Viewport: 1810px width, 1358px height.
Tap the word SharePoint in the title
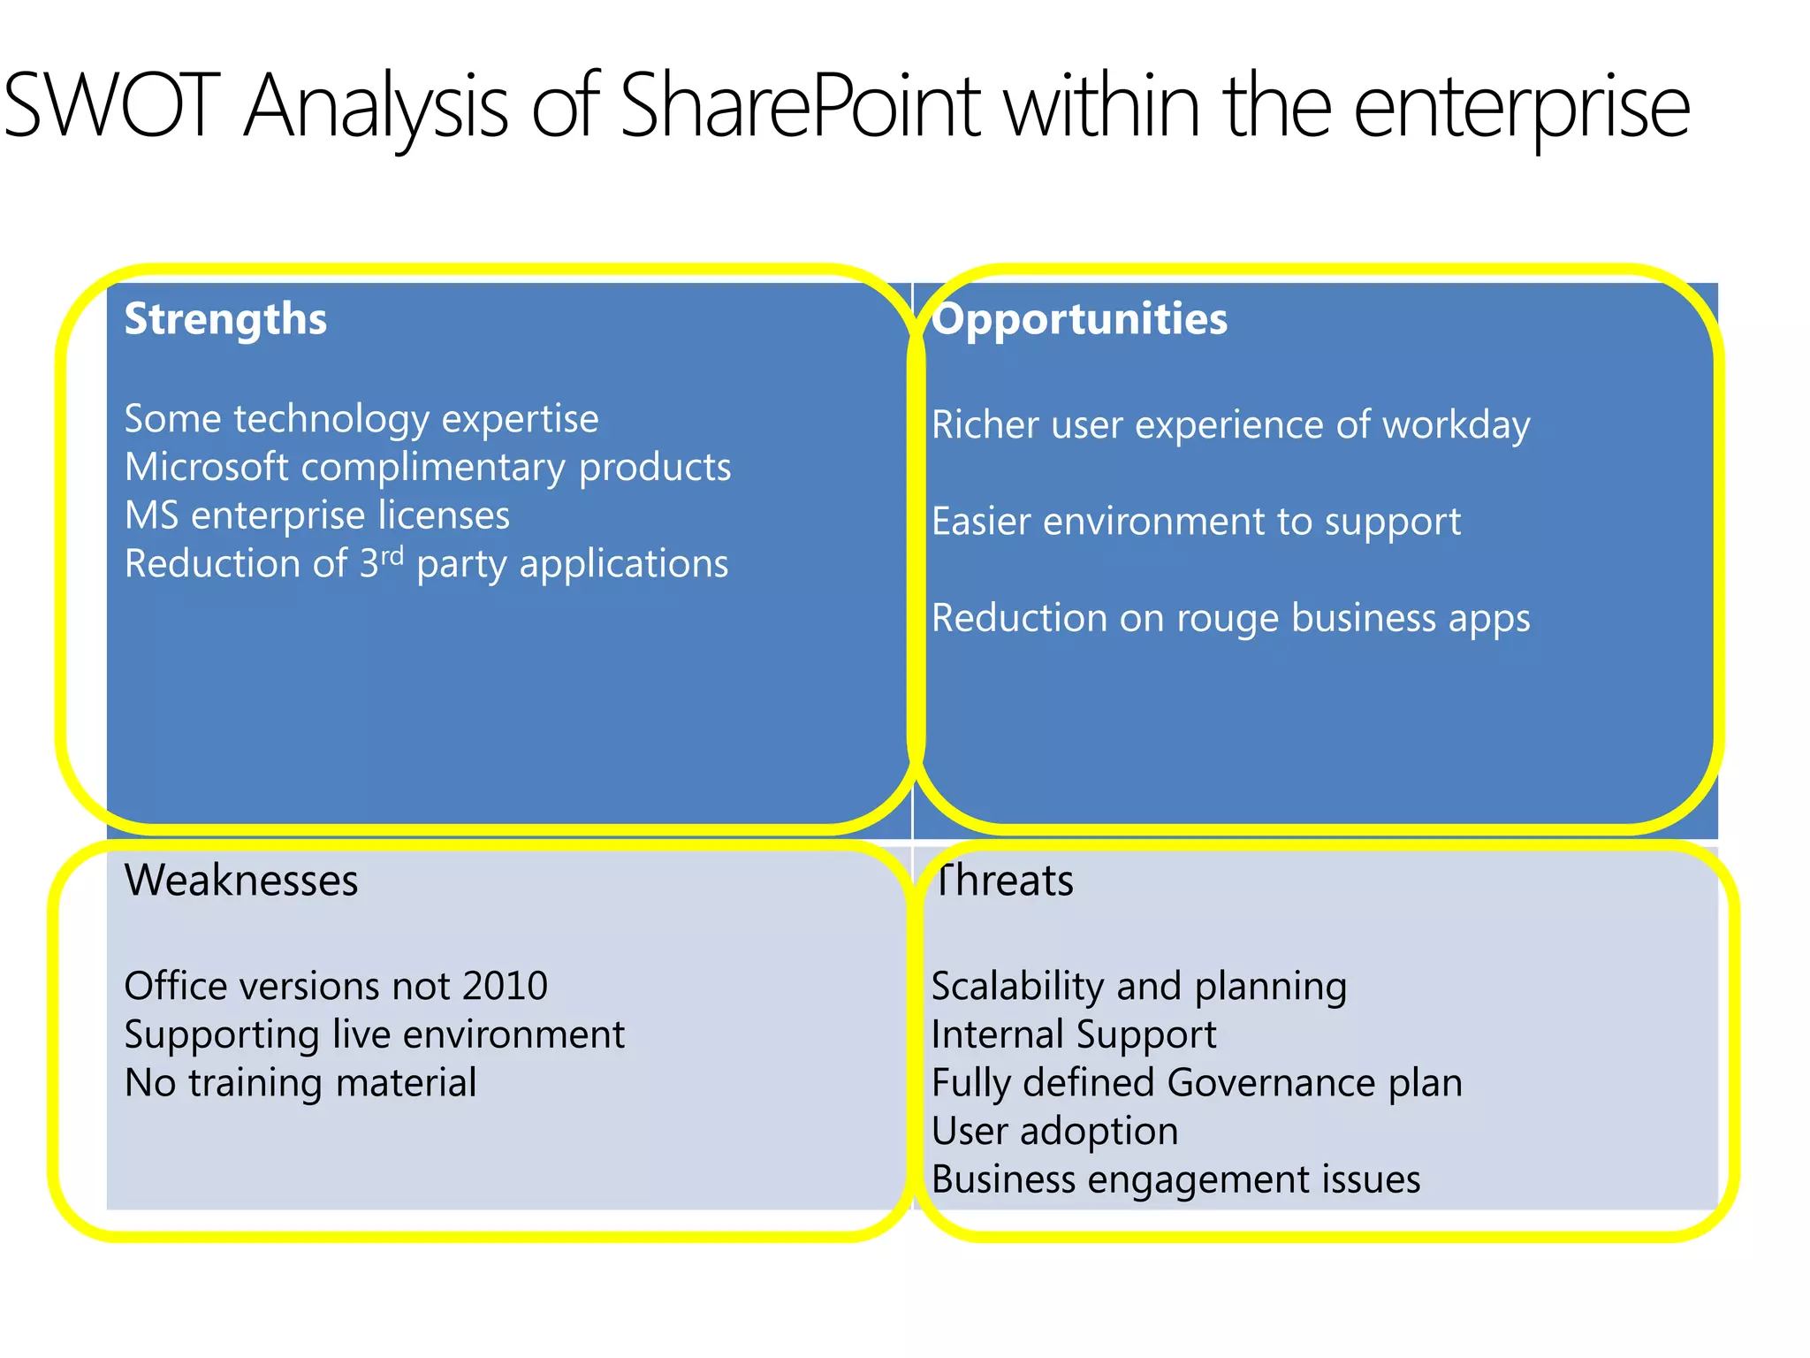(x=800, y=106)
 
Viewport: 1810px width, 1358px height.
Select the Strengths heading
(x=225, y=319)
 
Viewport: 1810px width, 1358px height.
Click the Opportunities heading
(x=1080, y=319)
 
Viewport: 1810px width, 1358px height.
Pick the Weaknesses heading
(x=241, y=881)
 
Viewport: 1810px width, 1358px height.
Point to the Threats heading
(x=1003, y=881)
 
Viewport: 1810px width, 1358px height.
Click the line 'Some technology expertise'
(x=361, y=419)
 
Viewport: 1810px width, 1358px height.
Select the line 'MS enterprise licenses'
(x=317, y=515)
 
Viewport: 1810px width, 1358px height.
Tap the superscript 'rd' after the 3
(x=392, y=555)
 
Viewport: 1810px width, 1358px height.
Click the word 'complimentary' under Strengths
(x=433, y=468)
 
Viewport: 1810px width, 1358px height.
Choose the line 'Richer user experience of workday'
(x=1230, y=425)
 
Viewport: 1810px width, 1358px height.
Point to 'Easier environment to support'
(x=1196, y=522)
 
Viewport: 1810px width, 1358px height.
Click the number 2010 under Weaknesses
(x=505, y=986)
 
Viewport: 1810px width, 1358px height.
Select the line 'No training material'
(x=300, y=1083)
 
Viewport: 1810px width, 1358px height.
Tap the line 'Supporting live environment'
(x=375, y=1034)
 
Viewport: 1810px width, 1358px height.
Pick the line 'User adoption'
(x=1054, y=1132)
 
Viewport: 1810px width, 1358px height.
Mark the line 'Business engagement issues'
(x=1175, y=1179)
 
